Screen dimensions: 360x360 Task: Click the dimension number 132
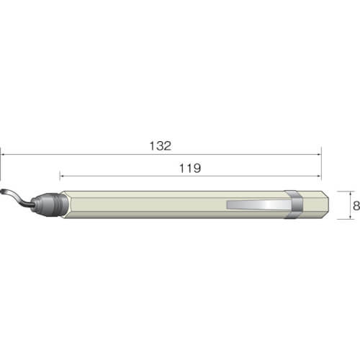coord(161,146)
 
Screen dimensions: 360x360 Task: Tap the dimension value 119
coord(190,168)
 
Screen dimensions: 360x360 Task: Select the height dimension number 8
coord(356,206)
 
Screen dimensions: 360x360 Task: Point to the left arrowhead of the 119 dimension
coord(61,176)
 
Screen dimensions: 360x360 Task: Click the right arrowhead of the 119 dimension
coord(320,176)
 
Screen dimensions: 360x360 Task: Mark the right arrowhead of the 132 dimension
coord(320,155)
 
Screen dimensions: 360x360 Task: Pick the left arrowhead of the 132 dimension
coord(1,155)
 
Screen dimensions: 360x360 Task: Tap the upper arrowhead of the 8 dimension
coord(351,193)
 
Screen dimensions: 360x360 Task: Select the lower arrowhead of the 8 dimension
coord(351,217)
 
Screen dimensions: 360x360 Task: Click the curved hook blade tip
coord(2,192)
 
